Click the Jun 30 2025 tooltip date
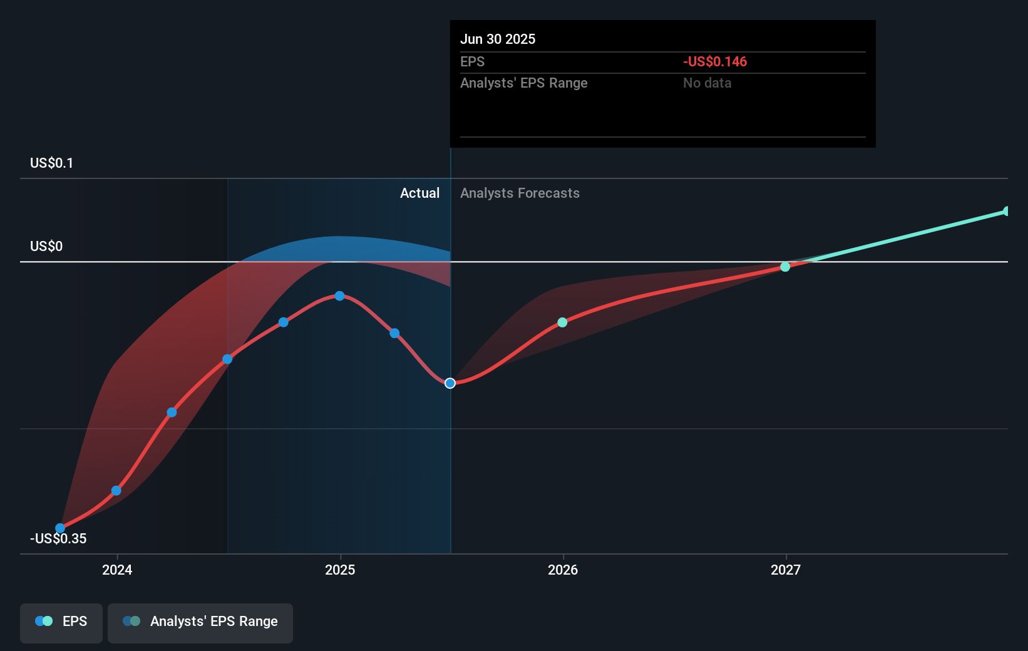(498, 39)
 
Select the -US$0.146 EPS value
(714, 61)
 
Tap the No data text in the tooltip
(707, 83)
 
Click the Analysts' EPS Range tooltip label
(523, 83)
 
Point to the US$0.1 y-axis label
(51, 163)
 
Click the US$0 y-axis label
(46, 246)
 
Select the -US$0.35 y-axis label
(58, 538)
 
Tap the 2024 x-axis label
(117, 570)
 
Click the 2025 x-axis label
(340, 570)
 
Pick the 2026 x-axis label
(563, 570)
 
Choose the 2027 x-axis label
(786, 570)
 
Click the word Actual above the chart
(419, 193)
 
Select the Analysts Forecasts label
(520, 193)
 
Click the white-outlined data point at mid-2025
(450, 383)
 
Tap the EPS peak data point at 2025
(339, 295)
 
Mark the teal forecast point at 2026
(562, 322)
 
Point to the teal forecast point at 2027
(785, 267)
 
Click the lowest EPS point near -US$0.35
(60, 528)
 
